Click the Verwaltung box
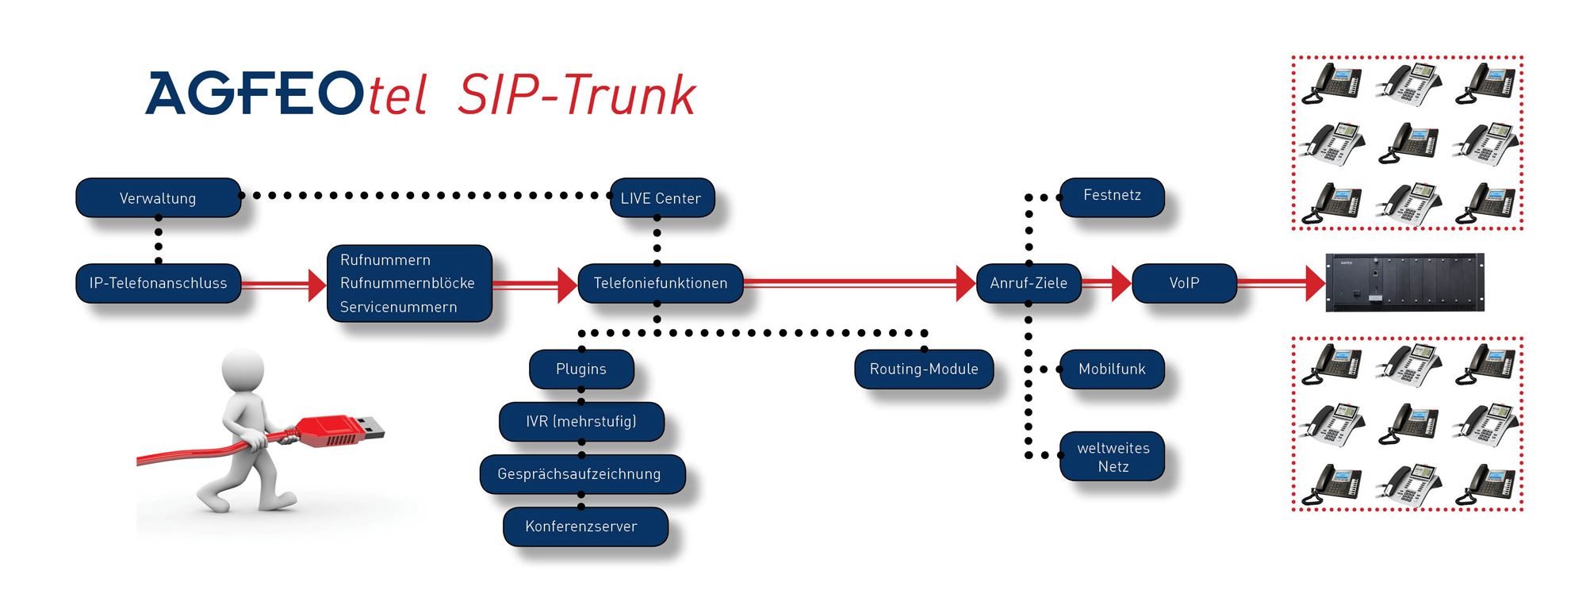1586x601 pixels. click(x=158, y=198)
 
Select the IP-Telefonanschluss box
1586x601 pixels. click(x=158, y=283)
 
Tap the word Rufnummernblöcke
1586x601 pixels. click(x=407, y=283)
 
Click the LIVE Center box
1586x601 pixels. click(x=661, y=198)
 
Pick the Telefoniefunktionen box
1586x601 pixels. click(x=660, y=283)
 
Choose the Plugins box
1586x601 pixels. click(x=580, y=369)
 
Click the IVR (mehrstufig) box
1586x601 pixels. click(x=580, y=421)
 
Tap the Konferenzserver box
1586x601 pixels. click(x=581, y=526)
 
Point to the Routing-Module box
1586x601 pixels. click(x=923, y=369)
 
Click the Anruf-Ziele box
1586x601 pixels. click(x=1028, y=283)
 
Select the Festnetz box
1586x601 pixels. click(x=1112, y=196)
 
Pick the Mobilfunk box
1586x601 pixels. click(x=1112, y=369)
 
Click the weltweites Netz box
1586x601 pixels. click(x=1113, y=457)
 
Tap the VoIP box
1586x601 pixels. click(x=1183, y=283)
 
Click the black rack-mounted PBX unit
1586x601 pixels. click(x=1404, y=283)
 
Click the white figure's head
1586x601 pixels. click(x=243, y=369)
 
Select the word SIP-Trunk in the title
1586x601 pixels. click(x=577, y=95)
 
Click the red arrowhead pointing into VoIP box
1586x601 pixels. click(x=1121, y=283)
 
